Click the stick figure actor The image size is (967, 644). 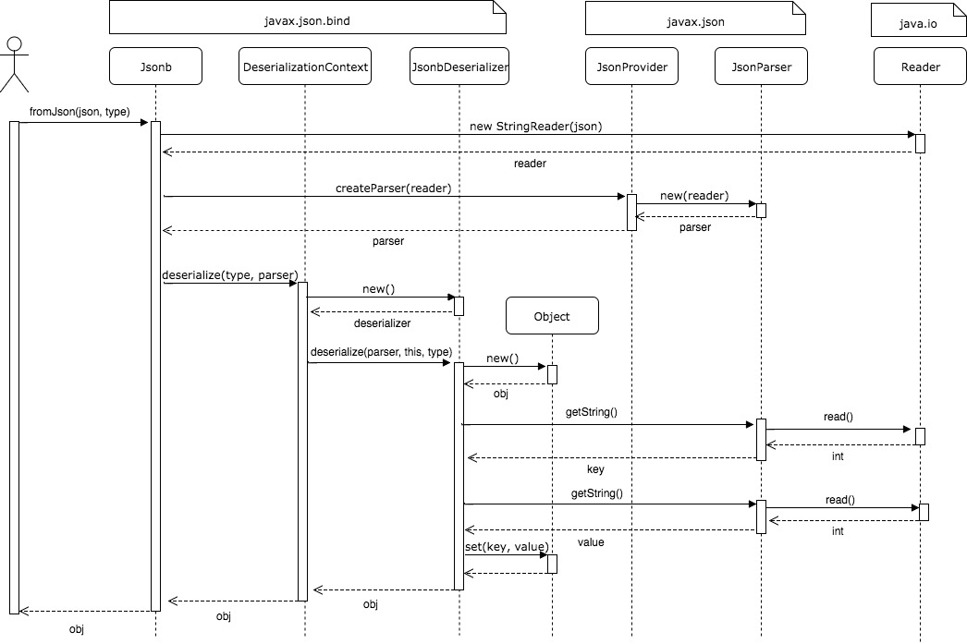13,64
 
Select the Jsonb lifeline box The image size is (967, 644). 155,67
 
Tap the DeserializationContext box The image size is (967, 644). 304,67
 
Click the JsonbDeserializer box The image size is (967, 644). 459,67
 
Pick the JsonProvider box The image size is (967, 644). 632,67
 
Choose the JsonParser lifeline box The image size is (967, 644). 761,67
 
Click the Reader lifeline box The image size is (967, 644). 920,67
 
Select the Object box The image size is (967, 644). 552,316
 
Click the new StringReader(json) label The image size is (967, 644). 535,126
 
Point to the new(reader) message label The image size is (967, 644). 694,196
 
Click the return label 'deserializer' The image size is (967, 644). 384,323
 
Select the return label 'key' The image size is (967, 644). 595,469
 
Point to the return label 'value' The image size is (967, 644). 591,542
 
